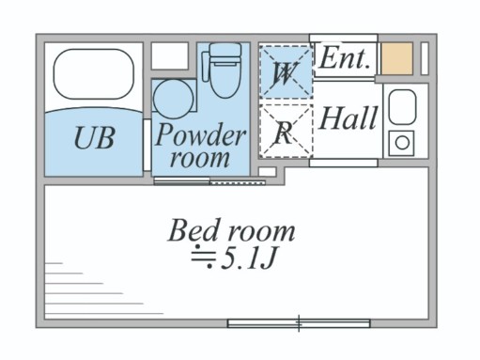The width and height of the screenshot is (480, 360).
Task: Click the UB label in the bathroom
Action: pyautogui.click(x=94, y=139)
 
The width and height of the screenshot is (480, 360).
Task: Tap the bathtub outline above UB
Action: pyautogui.click(x=94, y=75)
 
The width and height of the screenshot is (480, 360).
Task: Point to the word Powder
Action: pyautogui.click(x=200, y=134)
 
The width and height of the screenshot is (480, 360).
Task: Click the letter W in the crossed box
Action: pyautogui.click(x=284, y=70)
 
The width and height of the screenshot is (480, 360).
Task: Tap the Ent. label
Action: pyautogui.click(x=345, y=57)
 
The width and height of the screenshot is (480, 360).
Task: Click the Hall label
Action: pyautogui.click(x=348, y=119)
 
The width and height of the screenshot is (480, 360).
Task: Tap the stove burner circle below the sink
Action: pyautogui.click(x=402, y=143)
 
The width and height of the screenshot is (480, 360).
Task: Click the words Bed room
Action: pyautogui.click(x=231, y=230)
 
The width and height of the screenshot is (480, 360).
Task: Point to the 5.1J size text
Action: pyautogui.click(x=246, y=257)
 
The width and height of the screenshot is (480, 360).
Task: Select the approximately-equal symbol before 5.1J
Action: pyautogui.click(x=202, y=256)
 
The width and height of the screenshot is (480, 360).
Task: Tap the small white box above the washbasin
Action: pyautogui.click(x=170, y=56)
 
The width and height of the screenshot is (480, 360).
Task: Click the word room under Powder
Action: pyautogui.click(x=200, y=157)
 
